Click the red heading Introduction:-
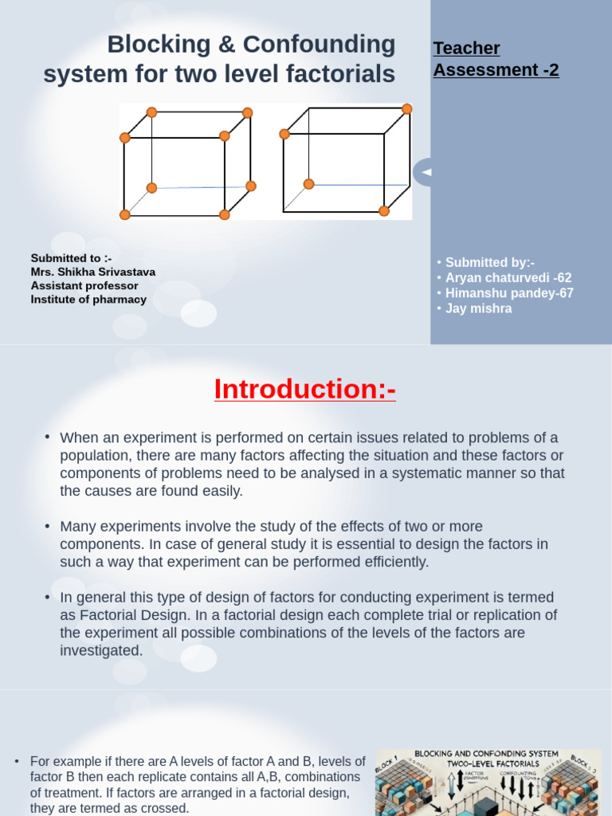click(x=305, y=390)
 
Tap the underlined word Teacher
click(x=466, y=49)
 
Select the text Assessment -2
click(x=496, y=70)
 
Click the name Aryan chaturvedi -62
click(x=508, y=278)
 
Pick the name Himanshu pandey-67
click(x=509, y=293)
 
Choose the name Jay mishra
click(x=478, y=308)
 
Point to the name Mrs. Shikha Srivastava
click(x=93, y=272)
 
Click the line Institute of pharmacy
click(x=88, y=300)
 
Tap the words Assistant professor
click(x=84, y=286)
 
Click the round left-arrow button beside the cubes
click(x=425, y=172)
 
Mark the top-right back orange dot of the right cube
click(x=407, y=109)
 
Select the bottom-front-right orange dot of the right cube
click(x=384, y=211)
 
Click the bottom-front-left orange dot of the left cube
click(x=125, y=214)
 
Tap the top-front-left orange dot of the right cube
click(x=284, y=134)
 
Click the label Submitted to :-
click(x=72, y=258)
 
